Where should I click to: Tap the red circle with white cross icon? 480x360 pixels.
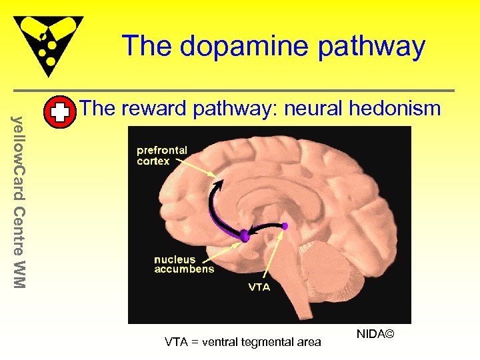coord(59,113)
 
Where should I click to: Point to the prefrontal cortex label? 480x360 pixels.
coord(162,155)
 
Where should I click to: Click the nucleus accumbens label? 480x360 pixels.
coord(184,264)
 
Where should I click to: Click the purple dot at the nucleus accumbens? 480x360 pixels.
coord(244,235)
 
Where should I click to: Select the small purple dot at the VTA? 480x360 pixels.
coord(285,226)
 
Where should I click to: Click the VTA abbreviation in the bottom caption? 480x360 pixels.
coord(175,342)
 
